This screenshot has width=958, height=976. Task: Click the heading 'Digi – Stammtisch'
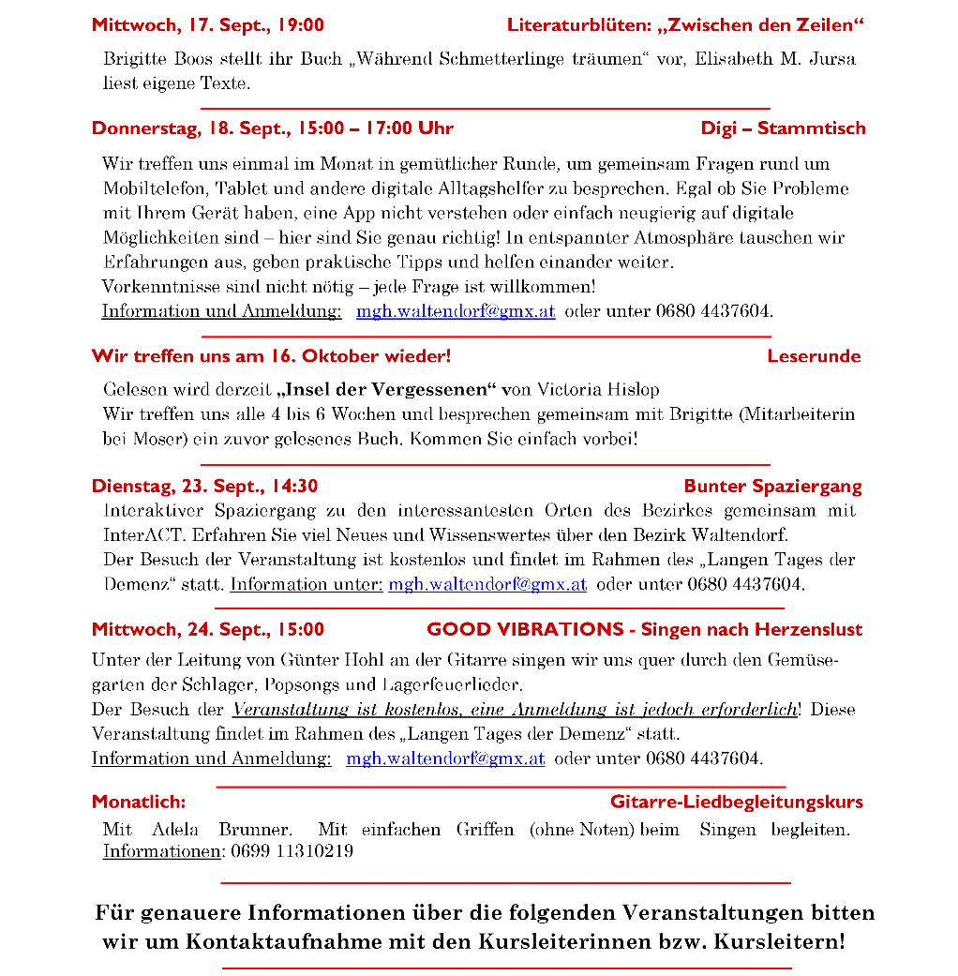783,128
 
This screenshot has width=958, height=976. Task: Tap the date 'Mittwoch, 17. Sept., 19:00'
208,25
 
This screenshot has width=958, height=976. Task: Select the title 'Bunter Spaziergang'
772,486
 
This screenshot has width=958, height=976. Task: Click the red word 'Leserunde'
813,356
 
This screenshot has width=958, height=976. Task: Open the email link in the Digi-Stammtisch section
456,311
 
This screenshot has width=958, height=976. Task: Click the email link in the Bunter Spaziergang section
487,584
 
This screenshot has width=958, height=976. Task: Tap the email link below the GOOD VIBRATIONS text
445,758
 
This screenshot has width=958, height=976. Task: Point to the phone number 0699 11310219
292,851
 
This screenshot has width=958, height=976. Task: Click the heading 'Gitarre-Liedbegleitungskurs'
736,802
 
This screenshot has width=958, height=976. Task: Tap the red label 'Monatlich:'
139,802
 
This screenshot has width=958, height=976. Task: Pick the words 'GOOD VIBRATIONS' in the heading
525,629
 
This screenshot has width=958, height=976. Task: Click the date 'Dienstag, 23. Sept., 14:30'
204,486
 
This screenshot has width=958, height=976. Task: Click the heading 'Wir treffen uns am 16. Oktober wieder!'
271,356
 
